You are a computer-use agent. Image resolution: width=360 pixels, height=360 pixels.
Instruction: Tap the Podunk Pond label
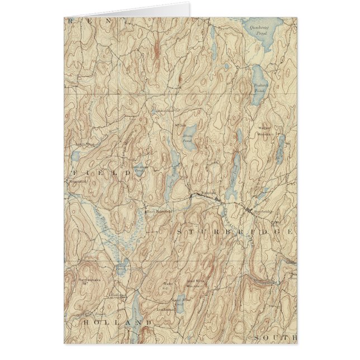tap(261, 87)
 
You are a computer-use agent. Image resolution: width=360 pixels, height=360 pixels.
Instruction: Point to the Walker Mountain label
tap(264, 131)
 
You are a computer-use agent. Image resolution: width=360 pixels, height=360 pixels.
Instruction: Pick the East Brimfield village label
tap(160, 212)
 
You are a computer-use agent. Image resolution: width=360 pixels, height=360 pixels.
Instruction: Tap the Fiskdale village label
tap(209, 195)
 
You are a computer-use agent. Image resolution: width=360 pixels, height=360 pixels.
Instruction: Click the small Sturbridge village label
tap(263, 211)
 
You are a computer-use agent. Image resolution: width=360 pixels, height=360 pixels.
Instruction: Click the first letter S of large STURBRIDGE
tap(180, 231)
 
